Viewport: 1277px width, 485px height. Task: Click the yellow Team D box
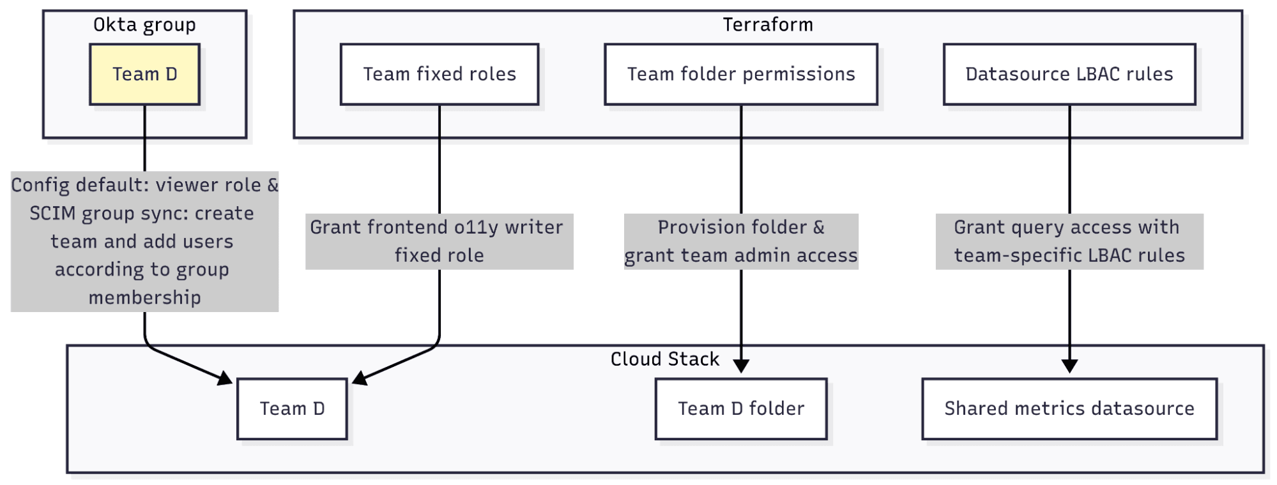(x=144, y=74)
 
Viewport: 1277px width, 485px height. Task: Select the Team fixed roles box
(x=440, y=74)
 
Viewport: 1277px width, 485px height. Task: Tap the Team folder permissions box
(x=741, y=74)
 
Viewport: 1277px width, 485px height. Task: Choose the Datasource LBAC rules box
(x=1069, y=74)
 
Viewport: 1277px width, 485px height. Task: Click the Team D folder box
(x=741, y=408)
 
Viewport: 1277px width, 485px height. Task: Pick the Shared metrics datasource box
(x=1069, y=408)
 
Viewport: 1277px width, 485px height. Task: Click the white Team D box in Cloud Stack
(x=292, y=408)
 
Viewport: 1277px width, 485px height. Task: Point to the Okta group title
(x=144, y=25)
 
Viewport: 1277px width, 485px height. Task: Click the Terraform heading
(x=768, y=25)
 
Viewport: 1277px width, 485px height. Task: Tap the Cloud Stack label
(x=664, y=359)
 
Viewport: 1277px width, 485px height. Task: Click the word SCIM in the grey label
(x=52, y=213)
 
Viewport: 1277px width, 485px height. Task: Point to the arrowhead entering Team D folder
(x=741, y=366)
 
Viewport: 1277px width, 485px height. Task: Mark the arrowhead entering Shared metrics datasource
(x=1069, y=366)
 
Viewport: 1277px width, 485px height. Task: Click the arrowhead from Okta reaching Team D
(x=225, y=378)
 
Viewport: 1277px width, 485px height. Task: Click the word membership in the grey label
(x=144, y=297)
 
